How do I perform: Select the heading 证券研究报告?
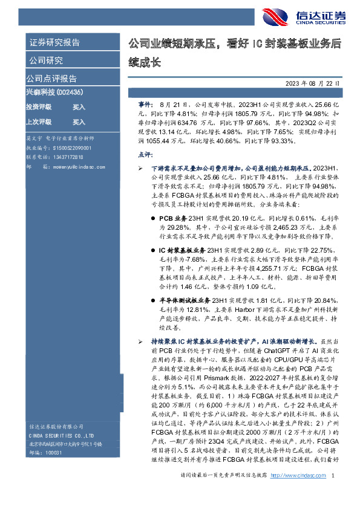55,43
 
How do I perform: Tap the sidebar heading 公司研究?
46,60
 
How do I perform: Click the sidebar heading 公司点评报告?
51,79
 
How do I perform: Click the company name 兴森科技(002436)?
54,92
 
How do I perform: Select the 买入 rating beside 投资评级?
79,107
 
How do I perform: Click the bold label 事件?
139,105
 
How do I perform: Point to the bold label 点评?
139,155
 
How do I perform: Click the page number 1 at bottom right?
333,494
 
